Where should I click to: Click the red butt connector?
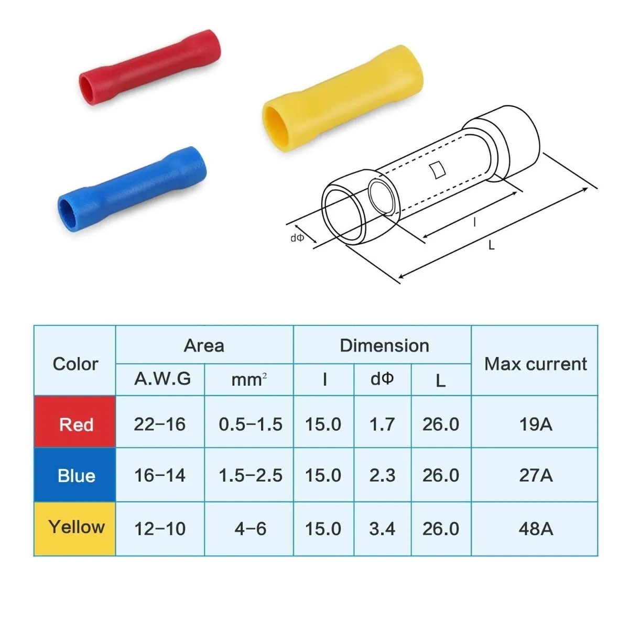tap(150, 67)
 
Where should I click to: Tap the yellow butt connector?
tap(343, 99)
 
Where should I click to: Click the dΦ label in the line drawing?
tap(297, 237)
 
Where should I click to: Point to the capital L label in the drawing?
tap(491, 245)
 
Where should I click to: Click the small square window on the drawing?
tap(437, 170)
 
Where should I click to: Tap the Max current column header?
tap(535, 364)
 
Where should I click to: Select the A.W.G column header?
tap(162, 378)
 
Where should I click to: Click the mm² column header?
tap(249, 379)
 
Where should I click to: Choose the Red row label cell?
tap(75, 421)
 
